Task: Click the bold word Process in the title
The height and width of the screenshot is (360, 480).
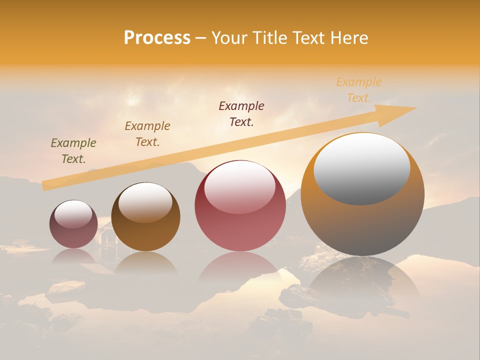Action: (157, 38)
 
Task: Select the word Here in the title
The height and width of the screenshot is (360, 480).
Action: (349, 38)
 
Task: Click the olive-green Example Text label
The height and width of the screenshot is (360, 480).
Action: (73, 151)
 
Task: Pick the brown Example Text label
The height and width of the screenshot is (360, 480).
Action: (147, 134)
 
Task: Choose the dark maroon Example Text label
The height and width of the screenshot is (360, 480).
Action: (241, 114)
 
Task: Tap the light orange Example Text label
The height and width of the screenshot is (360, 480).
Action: (359, 90)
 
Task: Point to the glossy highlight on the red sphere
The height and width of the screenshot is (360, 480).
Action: (240, 186)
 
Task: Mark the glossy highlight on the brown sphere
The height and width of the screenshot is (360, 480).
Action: (145, 201)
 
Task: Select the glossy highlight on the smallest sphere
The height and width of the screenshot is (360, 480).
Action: (73, 214)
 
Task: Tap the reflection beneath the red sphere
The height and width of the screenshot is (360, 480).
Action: (240, 270)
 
